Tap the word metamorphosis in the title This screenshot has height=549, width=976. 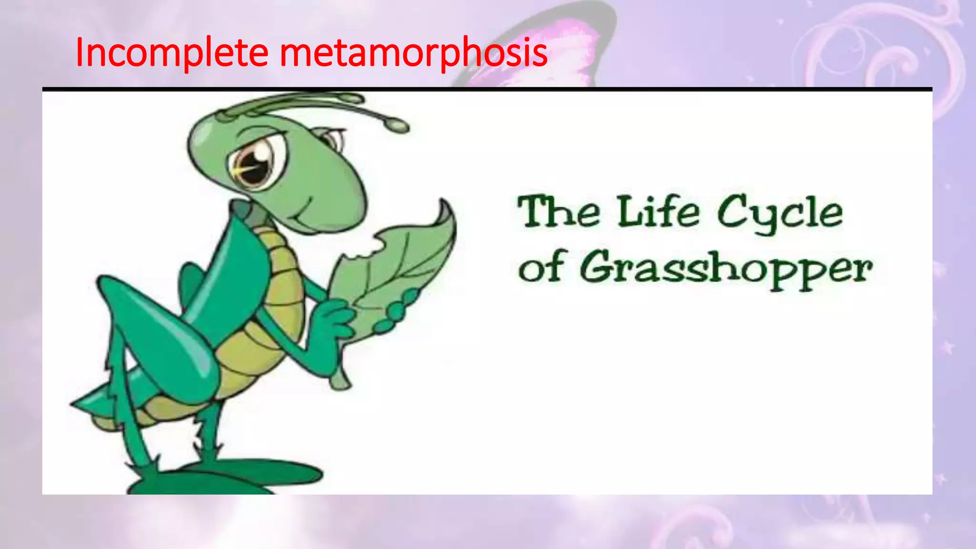(413, 52)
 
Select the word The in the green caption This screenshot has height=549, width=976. (559, 212)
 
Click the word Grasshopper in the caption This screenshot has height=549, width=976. (726, 269)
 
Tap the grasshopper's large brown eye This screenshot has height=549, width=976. (253, 164)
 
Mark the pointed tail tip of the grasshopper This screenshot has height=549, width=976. (76, 404)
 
